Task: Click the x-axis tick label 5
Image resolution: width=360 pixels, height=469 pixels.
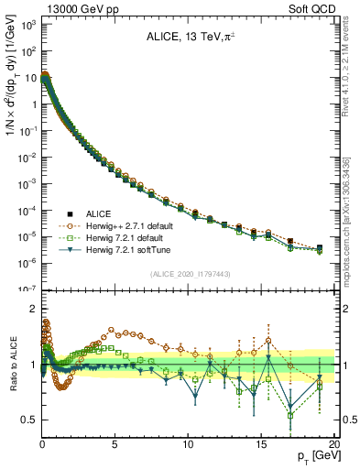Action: pos(115,443)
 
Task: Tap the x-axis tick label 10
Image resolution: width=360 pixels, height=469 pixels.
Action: pos(188,443)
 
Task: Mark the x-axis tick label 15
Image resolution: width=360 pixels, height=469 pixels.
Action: pos(261,443)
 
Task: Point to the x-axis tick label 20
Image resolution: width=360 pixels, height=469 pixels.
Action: pos(333,443)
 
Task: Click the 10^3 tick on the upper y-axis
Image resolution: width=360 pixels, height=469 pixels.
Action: pos(27,25)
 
